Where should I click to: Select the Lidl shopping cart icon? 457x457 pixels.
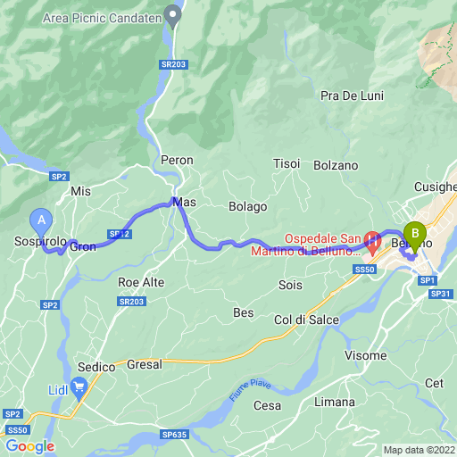79,386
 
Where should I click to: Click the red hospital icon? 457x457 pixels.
372,242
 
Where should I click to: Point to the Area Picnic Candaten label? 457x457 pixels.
101,17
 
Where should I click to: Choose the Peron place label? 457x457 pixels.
177,160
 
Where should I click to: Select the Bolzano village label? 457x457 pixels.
336,165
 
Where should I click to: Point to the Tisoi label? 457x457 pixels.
287,163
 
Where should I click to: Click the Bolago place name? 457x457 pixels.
248,206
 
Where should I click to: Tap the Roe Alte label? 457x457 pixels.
141,282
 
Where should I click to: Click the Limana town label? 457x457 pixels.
335,402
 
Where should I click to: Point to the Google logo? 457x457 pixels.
29,445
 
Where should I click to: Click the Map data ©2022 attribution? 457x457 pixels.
420,449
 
